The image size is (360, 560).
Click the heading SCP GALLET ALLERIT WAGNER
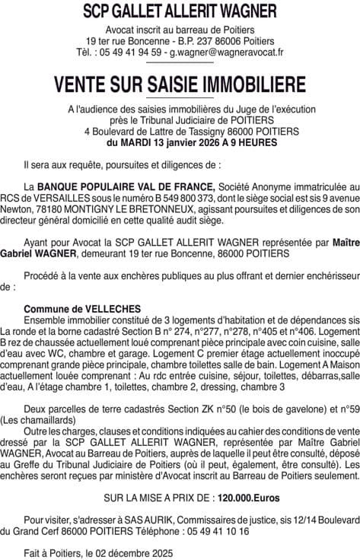click(180, 11)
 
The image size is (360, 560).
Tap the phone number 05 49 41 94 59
click(137, 52)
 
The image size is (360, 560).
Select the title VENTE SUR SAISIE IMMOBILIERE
click(180, 83)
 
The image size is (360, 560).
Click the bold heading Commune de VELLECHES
click(72, 308)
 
